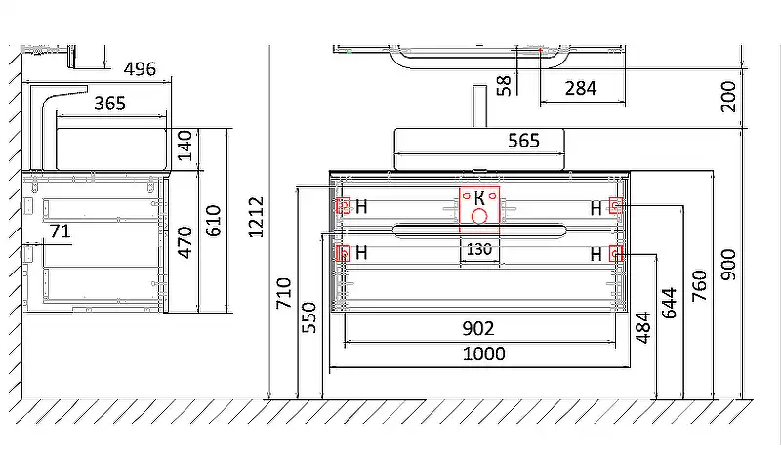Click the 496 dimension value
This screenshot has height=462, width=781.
[x=140, y=68]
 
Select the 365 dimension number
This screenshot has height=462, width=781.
[x=109, y=104]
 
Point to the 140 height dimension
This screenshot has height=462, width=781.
[x=185, y=146]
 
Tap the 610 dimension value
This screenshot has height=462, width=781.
[x=213, y=221]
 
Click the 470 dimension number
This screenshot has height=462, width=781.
[x=185, y=242]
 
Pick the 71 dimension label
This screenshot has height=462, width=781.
[x=61, y=231]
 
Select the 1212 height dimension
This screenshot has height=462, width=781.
[x=256, y=217]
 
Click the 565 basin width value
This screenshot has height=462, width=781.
[x=523, y=141]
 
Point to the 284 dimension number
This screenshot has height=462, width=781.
[x=581, y=88]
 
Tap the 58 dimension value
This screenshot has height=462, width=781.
[x=504, y=85]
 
